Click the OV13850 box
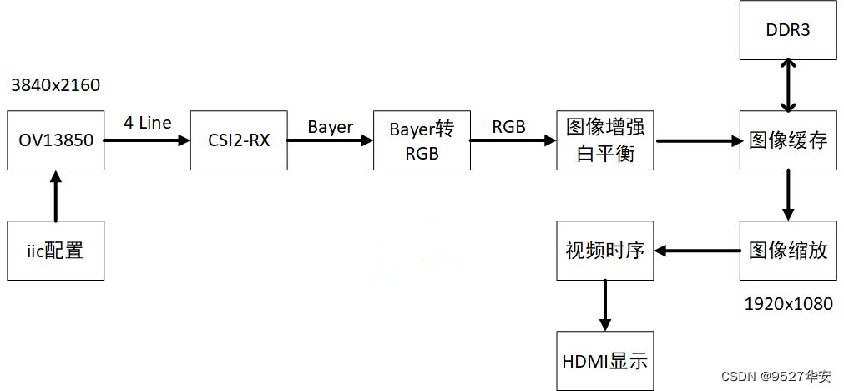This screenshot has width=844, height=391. pyautogui.click(x=56, y=140)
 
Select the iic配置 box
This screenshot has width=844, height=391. pyautogui.click(x=56, y=251)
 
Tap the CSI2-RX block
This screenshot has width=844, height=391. pyautogui.click(x=239, y=140)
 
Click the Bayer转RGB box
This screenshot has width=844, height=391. pyautogui.click(x=422, y=140)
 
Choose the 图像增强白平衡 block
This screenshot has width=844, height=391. pyautogui.click(x=605, y=140)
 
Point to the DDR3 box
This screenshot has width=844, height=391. pyautogui.click(x=788, y=30)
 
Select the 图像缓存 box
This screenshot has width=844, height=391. pyautogui.click(x=788, y=140)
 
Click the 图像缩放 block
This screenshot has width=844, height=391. pyautogui.click(x=788, y=251)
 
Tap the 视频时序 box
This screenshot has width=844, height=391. pyautogui.click(x=605, y=251)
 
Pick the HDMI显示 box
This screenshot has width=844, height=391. pyautogui.click(x=605, y=361)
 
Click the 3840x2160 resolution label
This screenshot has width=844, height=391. pyautogui.click(x=55, y=85)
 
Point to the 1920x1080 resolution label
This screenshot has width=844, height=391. pyautogui.click(x=788, y=304)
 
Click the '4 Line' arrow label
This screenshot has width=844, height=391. pyautogui.click(x=148, y=123)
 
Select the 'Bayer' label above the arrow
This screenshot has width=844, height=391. pyautogui.click(x=331, y=127)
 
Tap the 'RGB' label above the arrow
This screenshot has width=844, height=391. pyautogui.click(x=509, y=127)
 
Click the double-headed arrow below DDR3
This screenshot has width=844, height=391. pyautogui.click(x=788, y=85)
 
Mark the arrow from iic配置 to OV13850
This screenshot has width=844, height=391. pyautogui.click(x=56, y=195)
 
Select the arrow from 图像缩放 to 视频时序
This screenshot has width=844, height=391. pyautogui.click(x=697, y=251)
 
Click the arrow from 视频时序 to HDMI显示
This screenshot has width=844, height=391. pyautogui.click(x=605, y=305)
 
